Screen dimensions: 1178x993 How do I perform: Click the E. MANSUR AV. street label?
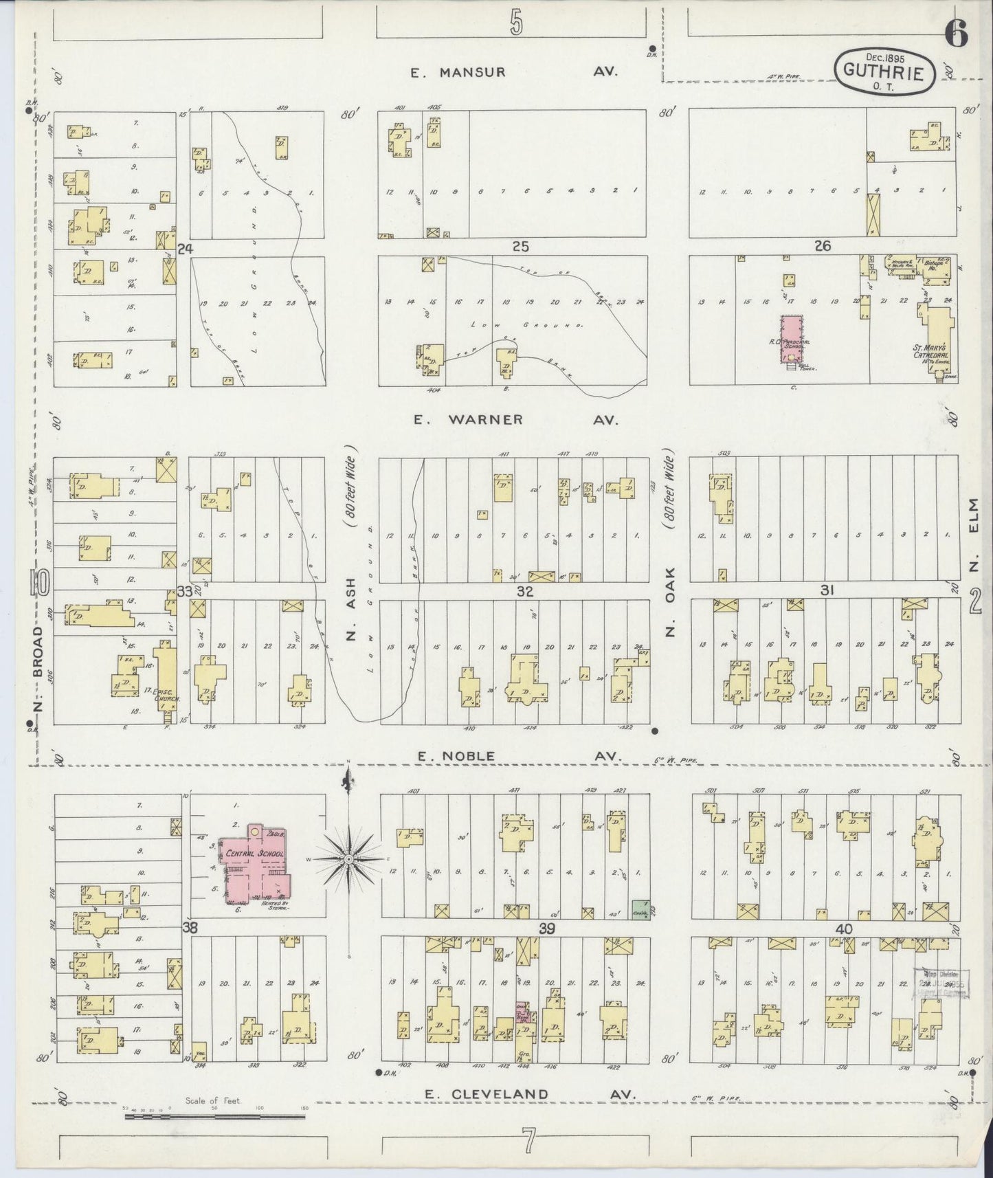pyautogui.click(x=515, y=72)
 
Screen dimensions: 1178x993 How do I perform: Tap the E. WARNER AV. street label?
pyautogui.click(x=515, y=419)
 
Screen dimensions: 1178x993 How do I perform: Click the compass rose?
pyautogui.click(x=349, y=859)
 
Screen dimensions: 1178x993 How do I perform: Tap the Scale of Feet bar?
pyautogui.click(x=214, y=1117)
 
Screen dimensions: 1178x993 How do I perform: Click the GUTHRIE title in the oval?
pyautogui.click(x=884, y=69)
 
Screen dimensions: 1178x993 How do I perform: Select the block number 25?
pyautogui.click(x=520, y=246)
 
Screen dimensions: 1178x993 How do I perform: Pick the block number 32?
pyautogui.click(x=525, y=590)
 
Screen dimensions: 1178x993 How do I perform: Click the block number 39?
pyautogui.click(x=547, y=929)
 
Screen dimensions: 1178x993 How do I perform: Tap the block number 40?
pyautogui.click(x=844, y=929)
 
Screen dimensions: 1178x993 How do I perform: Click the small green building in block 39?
pyautogui.click(x=640, y=909)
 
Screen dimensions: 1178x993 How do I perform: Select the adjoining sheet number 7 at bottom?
pyautogui.click(x=528, y=1142)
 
